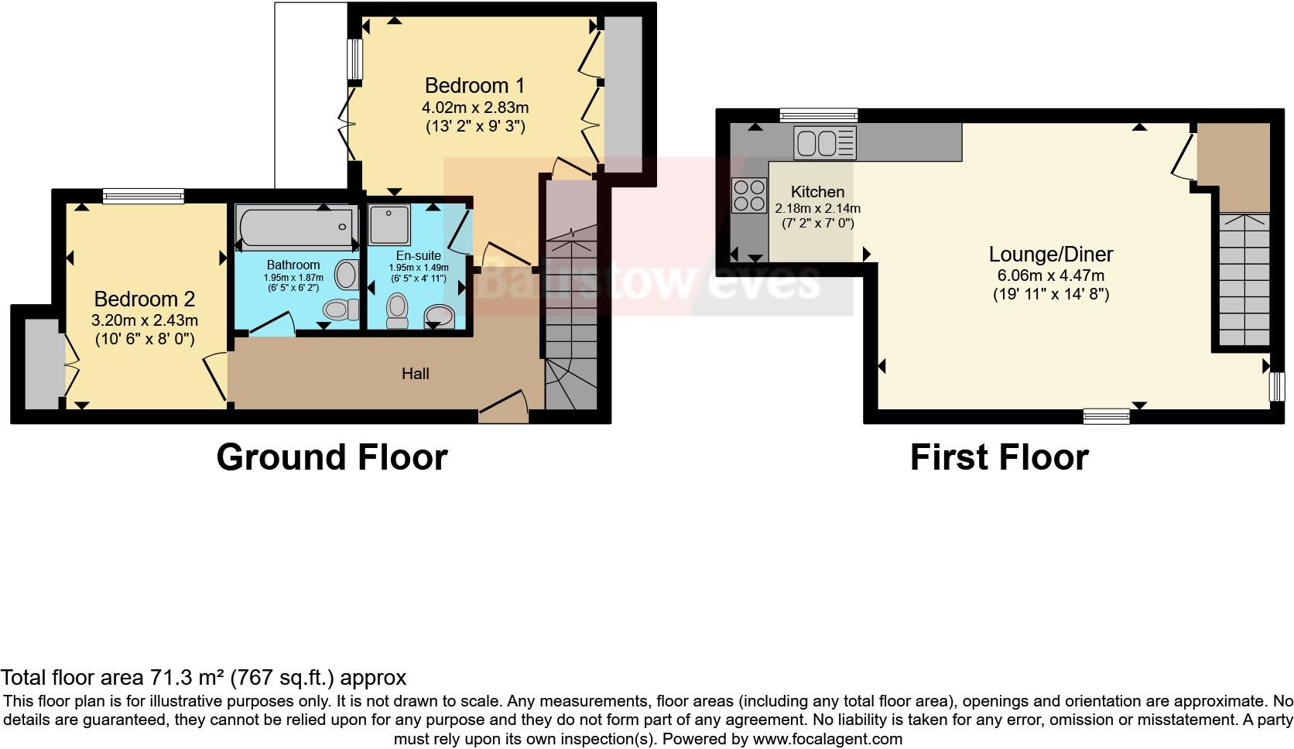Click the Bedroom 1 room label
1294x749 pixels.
475,85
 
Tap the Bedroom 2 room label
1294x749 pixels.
145,299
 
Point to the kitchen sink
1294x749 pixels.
824,144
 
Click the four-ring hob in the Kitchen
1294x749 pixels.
748,195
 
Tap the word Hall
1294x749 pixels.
415,374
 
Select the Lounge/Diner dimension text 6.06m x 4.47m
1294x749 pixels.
1051,275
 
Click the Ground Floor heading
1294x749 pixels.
331,457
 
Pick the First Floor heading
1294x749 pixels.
998,457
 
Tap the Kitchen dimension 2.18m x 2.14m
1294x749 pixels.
817,208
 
